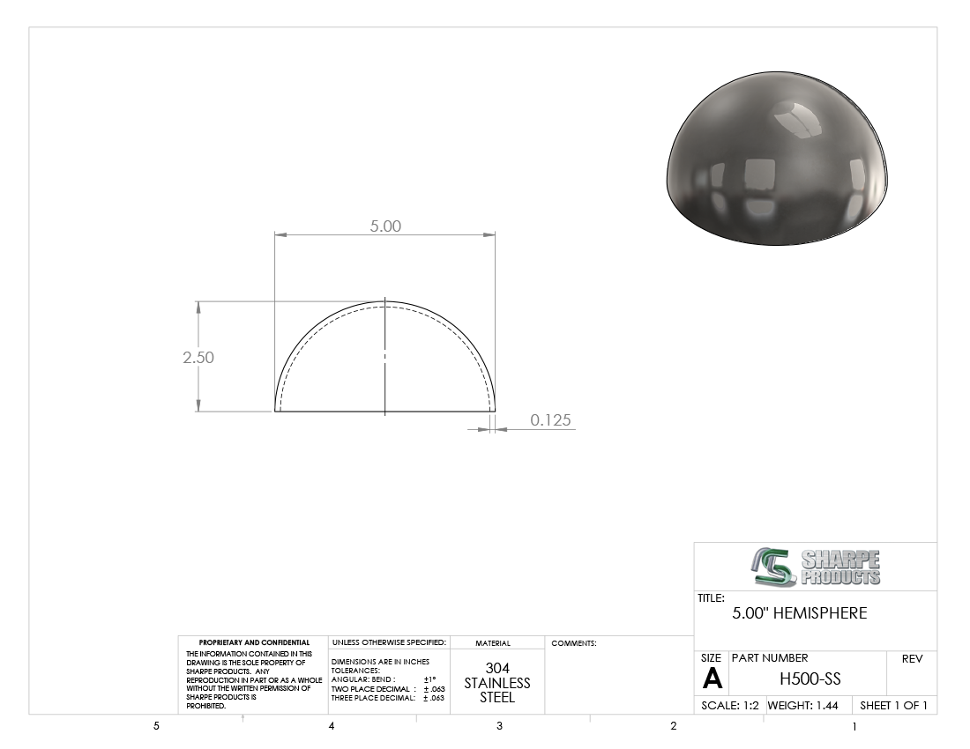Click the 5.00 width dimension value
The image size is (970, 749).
pyautogui.click(x=385, y=226)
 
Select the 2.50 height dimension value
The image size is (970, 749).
pyautogui.click(x=198, y=357)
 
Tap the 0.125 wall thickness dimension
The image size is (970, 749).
pyautogui.click(x=550, y=420)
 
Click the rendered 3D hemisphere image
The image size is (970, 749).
pyautogui.click(x=777, y=159)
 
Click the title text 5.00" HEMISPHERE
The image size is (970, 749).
pyautogui.click(x=800, y=613)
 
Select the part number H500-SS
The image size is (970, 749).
pyautogui.click(x=810, y=679)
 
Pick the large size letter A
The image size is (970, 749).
pyautogui.click(x=713, y=679)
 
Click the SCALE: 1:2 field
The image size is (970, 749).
pyautogui.click(x=730, y=705)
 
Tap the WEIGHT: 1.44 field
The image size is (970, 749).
pyautogui.click(x=803, y=705)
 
